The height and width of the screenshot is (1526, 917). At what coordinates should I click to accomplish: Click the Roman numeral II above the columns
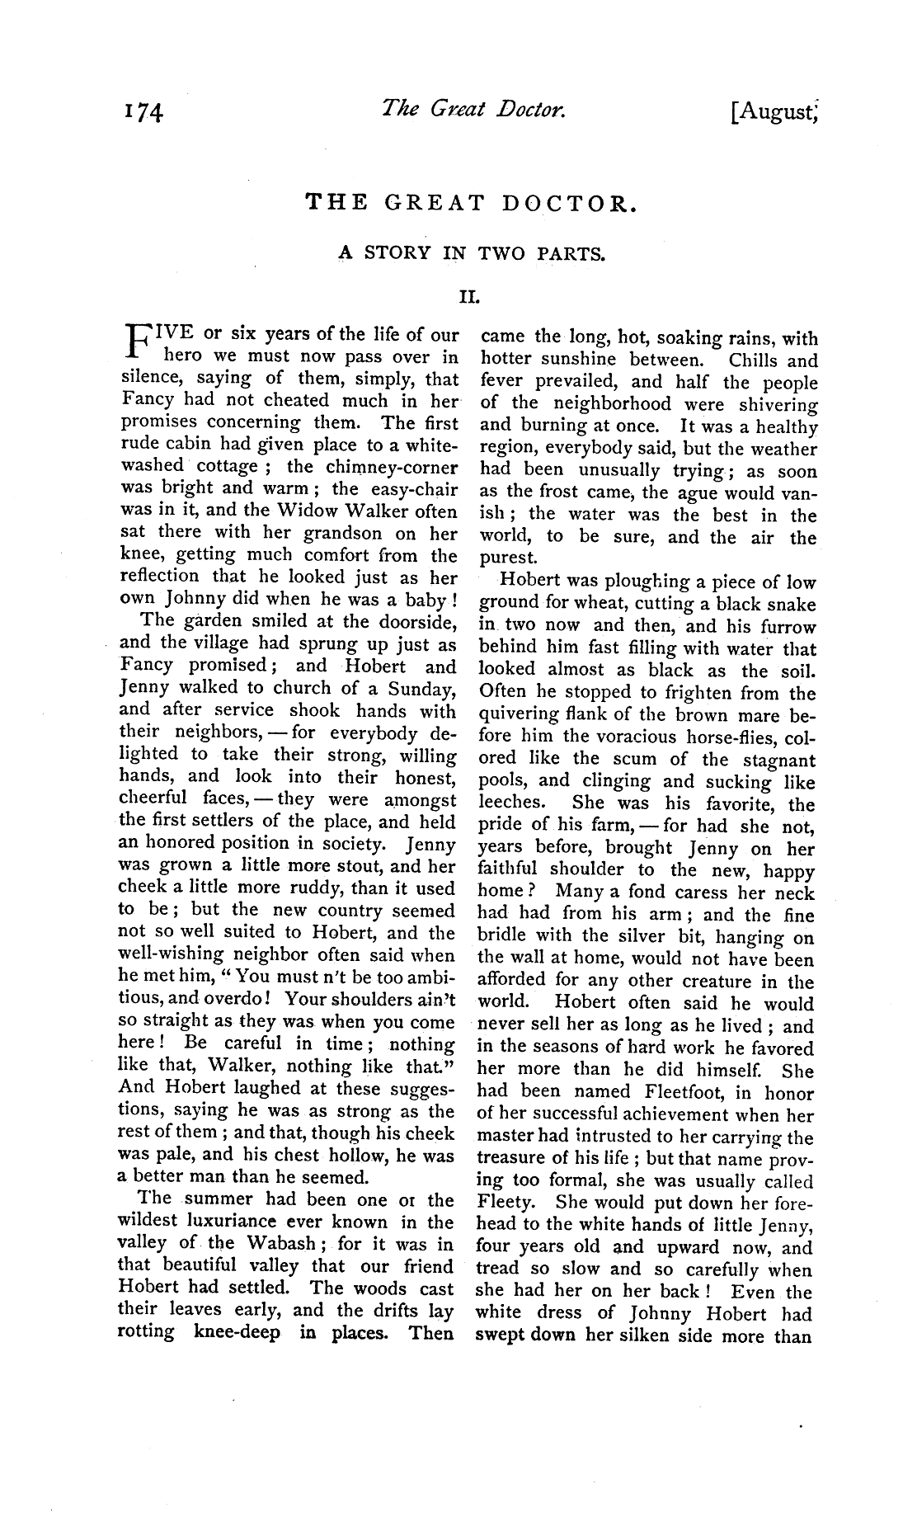click(x=470, y=293)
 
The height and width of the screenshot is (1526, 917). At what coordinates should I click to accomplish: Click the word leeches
click(x=511, y=803)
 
